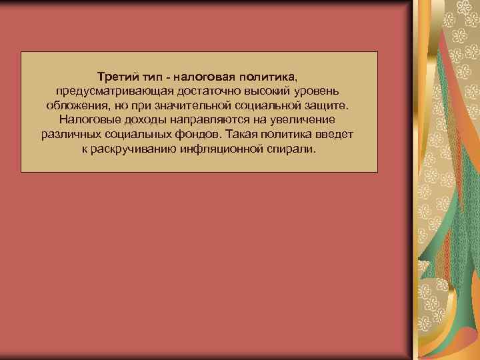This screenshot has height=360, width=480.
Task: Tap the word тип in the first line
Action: tap(150, 77)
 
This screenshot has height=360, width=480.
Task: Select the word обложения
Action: tap(74, 106)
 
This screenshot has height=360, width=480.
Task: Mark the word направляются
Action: tap(201, 121)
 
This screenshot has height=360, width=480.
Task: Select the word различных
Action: tap(69, 135)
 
